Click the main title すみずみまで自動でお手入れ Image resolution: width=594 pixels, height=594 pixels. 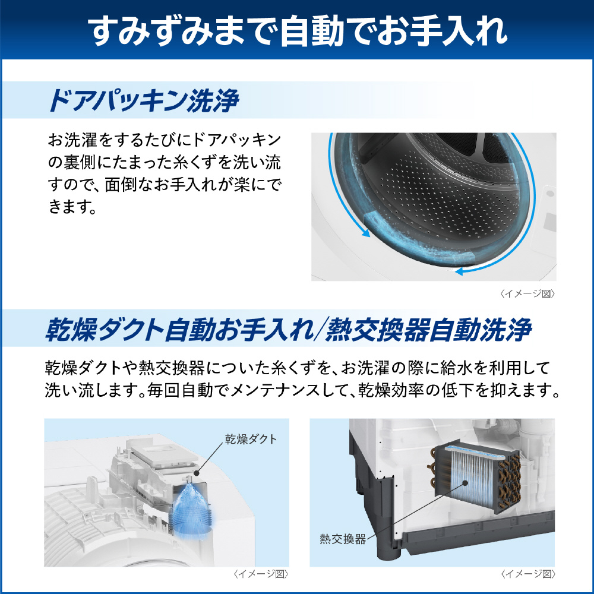coord(298,30)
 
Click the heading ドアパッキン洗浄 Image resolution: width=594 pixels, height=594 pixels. coord(144,101)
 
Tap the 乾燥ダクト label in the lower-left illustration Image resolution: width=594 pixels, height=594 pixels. coord(251,439)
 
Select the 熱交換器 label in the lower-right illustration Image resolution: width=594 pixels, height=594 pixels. coord(343,539)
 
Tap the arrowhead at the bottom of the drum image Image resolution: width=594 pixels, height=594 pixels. coord(460,271)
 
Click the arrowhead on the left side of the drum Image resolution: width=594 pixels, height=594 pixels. coord(365,232)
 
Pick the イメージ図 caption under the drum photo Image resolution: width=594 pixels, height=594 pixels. coord(527,293)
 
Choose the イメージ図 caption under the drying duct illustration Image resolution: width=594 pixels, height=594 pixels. coord(261,574)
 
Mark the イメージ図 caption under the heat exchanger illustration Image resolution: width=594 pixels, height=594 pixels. coord(527,574)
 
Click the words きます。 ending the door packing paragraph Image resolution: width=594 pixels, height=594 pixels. coord(72,207)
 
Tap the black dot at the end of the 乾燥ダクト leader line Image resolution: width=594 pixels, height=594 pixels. coord(196,473)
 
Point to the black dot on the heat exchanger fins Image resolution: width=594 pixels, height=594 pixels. coord(466,483)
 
